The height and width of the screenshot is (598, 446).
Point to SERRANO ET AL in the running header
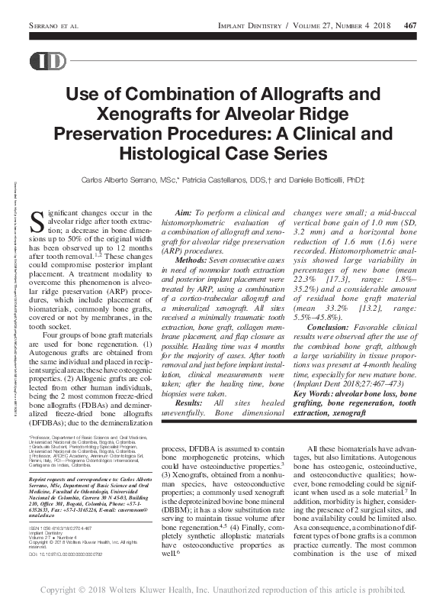pyautogui.click(x=54, y=25)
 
